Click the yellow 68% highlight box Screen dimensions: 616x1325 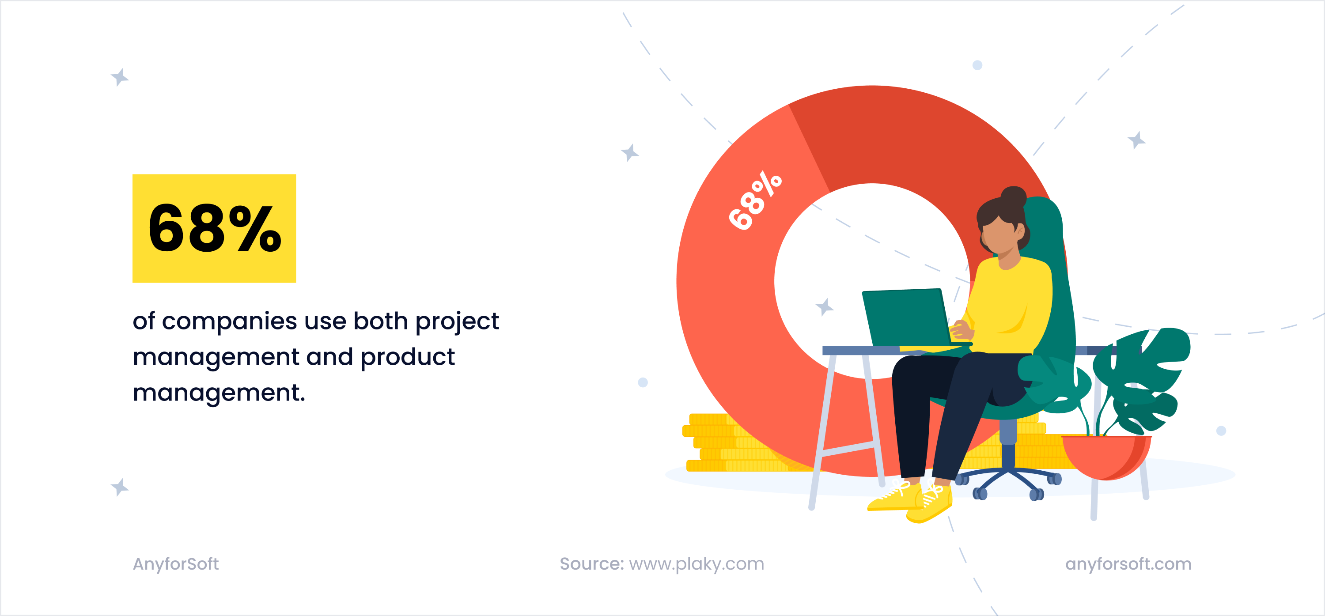click(214, 228)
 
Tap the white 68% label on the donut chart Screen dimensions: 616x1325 click(754, 200)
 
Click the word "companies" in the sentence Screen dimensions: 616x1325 click(229, 321)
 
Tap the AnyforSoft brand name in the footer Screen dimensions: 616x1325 click(176, 564)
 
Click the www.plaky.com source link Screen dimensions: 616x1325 click(697, 564)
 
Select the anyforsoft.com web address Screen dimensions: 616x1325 click(1128, 564)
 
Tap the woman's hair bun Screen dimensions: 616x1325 click(1013, 197)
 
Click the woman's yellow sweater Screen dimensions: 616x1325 click(1011, 303)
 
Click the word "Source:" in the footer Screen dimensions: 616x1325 click(591, 564)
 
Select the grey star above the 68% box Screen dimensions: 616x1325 click(120, 77)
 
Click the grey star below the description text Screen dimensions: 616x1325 click(120, 487)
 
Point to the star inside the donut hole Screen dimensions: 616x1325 click(825, 307)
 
